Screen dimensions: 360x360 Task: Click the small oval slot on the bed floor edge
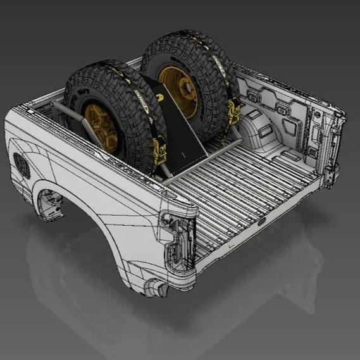pyautogui.click(x=261, y=223)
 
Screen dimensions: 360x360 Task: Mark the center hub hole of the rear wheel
pyautogui.click(x=183, y=89)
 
